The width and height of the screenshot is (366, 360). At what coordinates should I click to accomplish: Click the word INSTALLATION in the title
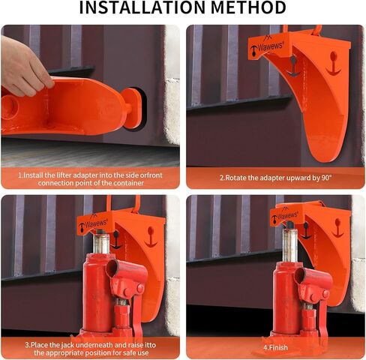(x=142, y=7)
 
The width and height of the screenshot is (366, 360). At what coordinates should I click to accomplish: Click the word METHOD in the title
(x=248, y=7)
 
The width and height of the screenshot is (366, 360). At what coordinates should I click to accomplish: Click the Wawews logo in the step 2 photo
(x=267, y=46)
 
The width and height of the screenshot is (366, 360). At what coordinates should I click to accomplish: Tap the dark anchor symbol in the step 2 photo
(x=293, y=66)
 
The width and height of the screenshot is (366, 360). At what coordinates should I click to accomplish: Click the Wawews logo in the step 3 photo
(x=94, y=223)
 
